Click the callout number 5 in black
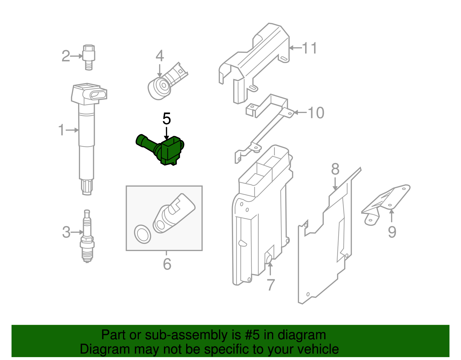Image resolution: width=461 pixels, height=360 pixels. click(167, 119)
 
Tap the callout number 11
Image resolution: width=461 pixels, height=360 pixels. click(310, 48)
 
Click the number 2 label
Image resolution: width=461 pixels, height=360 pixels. click(66, 56)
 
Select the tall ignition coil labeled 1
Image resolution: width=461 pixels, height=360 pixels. click(87, 138)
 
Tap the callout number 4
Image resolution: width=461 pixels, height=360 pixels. click(160, 56)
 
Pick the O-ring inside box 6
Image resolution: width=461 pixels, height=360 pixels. click(142, 234)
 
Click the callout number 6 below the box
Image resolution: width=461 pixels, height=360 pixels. click(167, 264)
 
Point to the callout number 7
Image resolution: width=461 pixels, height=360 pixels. click(271, 285)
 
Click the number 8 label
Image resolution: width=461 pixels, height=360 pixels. click(335, 169)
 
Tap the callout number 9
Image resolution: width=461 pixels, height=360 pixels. click(392, 232)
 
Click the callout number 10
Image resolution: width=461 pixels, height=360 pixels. click(316, 113)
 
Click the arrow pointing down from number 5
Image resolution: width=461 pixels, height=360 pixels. click(166, 133)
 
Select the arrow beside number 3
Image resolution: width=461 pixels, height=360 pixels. click(77, 232)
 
